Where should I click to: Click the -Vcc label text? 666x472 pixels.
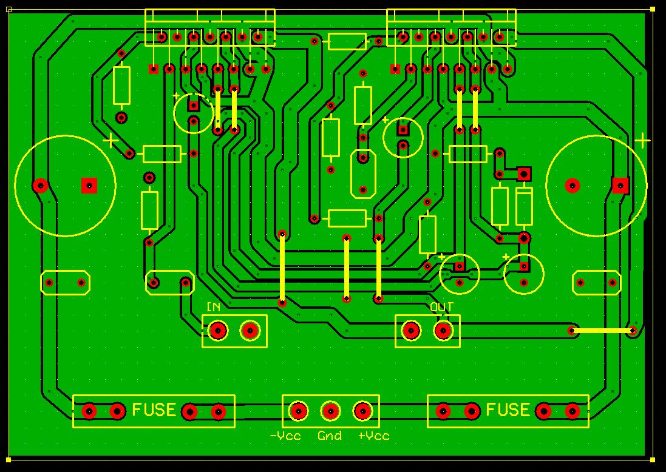[x=285, y=436]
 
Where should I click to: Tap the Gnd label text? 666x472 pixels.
[x=330, y=436]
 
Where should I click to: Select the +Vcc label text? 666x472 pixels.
[x=374, y=436]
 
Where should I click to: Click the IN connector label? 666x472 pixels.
[x=213, y=307]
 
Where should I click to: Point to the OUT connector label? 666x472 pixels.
[x=442, y=307]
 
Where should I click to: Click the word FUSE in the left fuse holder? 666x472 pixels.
[x=154, y=410]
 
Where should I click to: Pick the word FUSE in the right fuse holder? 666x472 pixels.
[x=508, y=410]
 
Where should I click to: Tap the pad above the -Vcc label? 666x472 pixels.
[x=298, y=411]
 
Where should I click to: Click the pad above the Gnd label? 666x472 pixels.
[x=330, y=411]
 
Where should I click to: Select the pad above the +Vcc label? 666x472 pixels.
[x=362, y=411]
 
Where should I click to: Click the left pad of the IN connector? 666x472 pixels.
[x=218, y=330]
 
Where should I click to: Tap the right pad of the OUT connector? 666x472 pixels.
[x=443, y=330]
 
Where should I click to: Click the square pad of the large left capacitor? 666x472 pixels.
[x=89, y=186]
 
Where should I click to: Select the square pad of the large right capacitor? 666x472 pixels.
[x=620, y=186]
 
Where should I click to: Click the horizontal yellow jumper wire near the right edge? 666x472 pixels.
[x=602, y=330]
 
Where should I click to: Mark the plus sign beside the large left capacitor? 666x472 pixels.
[x=111, y=140]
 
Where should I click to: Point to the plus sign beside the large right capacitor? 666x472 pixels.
[x=642, y=140]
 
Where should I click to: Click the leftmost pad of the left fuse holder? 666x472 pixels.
[x=89, y=411]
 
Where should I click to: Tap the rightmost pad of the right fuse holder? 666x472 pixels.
[x=572, y=411]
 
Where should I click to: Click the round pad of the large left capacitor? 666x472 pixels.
[x=41, y=186]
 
